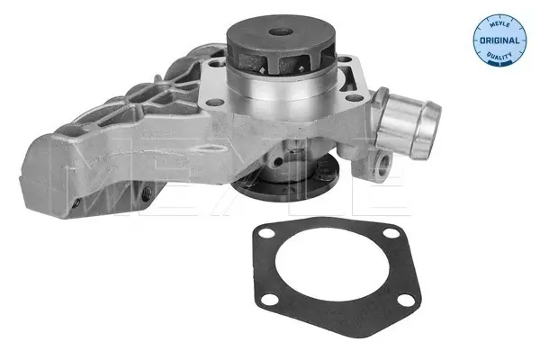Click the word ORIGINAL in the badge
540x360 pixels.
tap(499, 40)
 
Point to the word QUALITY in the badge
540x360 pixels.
tap(499, 55)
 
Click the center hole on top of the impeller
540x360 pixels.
tap(280, 32)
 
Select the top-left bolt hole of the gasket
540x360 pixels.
tap(267, 235)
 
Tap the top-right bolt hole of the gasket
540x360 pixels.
tap(391, 233)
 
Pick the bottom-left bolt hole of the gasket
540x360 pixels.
tap(270, 299)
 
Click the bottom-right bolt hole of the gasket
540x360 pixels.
tap(405, 300)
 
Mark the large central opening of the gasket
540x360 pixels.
tap(331, 263)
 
